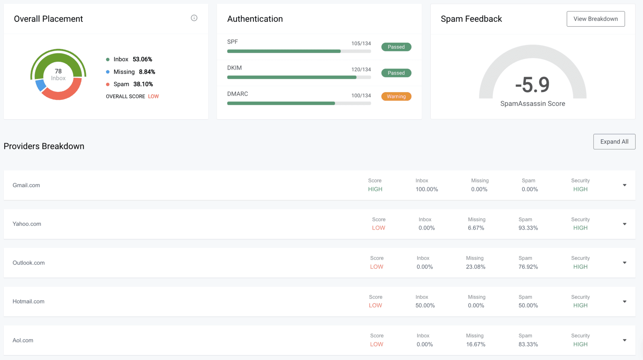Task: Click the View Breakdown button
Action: (x=596, y=19)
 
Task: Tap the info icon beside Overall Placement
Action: (x=194, y=18)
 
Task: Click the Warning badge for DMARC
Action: (x=396, y=96)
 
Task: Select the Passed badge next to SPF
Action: (x=396, y=47)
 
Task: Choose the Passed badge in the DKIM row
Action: (x=396, y=73)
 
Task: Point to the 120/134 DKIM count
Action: (x=361, y=70)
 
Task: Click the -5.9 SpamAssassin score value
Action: (x=532, y=85)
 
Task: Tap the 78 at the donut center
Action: (x=58, y=71)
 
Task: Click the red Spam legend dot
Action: (x=108, y=84)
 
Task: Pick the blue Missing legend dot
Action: (x=108, y=72)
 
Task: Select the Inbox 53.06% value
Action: (x=142, y=59)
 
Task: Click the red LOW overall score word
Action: (x=153, y=96)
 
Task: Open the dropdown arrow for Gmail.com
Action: (x=624, y=185)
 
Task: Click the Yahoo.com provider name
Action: (x=27, y=224)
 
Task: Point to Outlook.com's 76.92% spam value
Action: (x=528, y=267)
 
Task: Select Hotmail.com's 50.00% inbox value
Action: (x=425, y=306)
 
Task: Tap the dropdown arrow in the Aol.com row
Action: (x=624, y=340)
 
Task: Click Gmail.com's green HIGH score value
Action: (x=375, y=189)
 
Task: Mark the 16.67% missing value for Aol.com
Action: (x=476, y=344)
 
